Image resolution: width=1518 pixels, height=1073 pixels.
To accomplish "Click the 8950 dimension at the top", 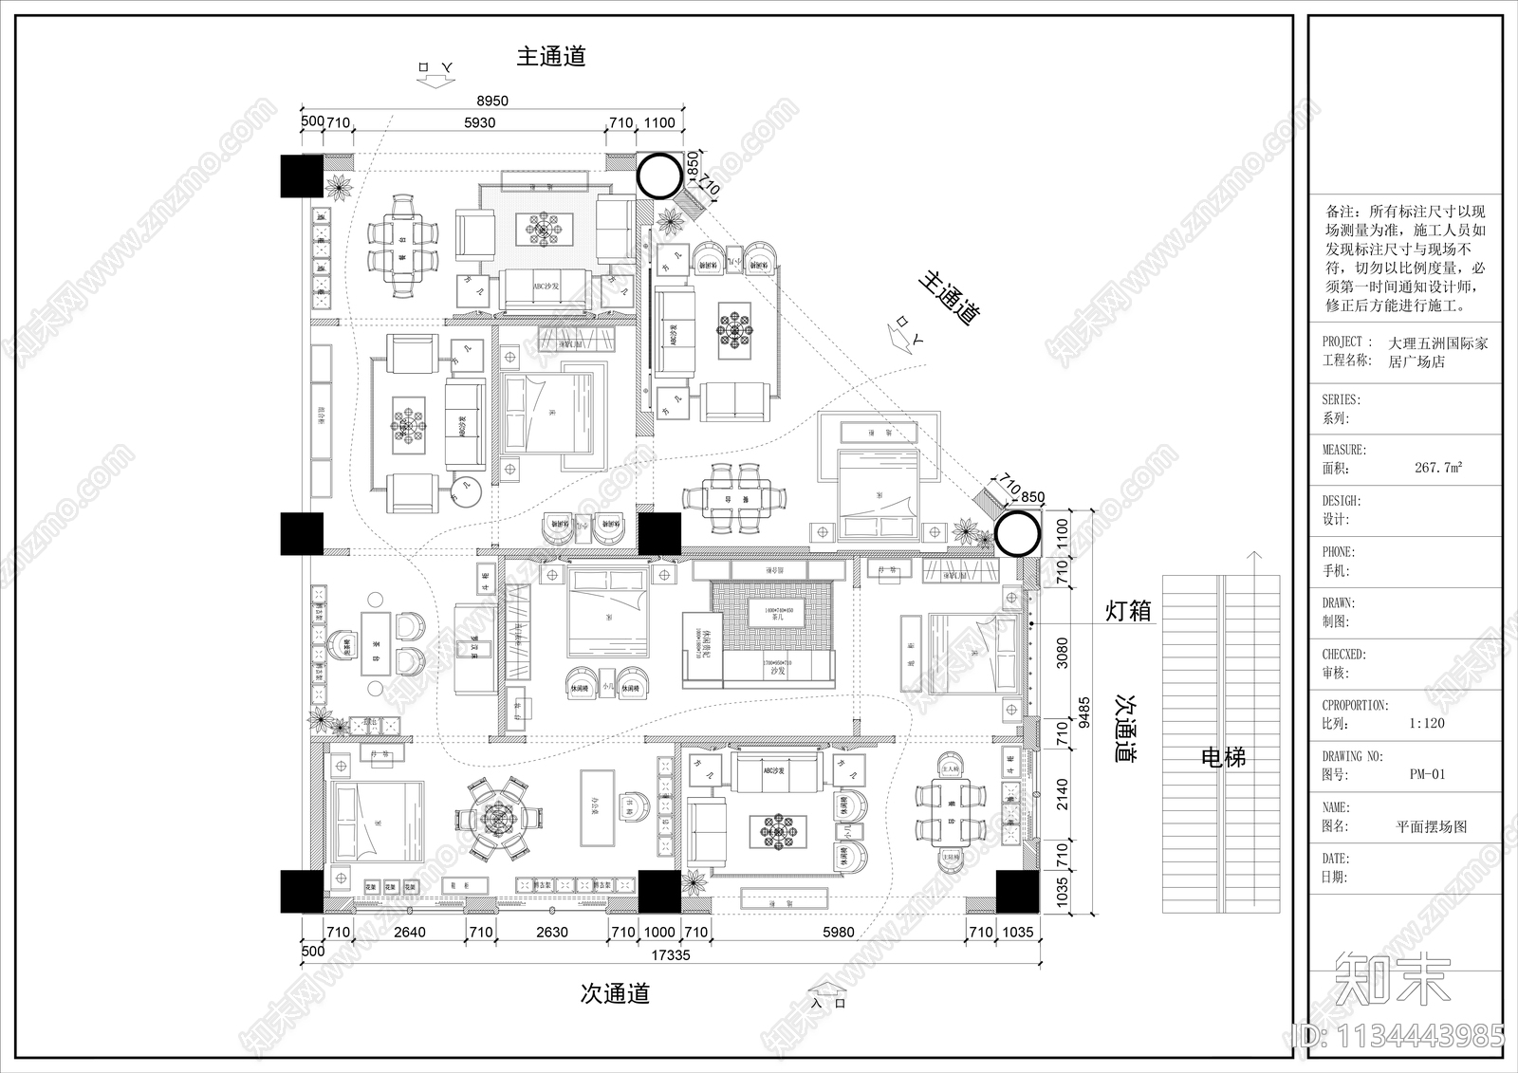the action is point(492,101).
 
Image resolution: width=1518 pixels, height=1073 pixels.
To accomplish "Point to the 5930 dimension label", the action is point(479,122).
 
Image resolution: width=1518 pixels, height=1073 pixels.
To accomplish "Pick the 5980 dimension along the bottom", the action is point(839,933).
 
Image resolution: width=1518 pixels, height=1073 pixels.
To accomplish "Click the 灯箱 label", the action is point(1129,611).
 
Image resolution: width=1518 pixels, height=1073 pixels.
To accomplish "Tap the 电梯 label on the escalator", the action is point(1223,757).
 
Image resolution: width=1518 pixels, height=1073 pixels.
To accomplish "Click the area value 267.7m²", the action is point(1437,468).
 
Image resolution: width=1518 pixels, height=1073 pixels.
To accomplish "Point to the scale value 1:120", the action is point(1426,723).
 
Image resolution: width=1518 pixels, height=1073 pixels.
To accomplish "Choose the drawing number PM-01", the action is point(1428,774).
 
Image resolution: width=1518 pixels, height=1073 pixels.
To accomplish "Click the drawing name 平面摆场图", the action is point(1431,826).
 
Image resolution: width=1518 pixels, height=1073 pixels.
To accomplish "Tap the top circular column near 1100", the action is point(658,175).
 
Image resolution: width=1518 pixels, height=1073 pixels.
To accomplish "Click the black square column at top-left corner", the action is point(302,176).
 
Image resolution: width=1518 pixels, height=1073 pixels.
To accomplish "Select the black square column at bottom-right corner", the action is point(1017,891).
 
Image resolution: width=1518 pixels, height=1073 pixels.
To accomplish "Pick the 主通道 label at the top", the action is point(551,56).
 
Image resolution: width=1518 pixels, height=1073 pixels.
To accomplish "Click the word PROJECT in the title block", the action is point(1342,342).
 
